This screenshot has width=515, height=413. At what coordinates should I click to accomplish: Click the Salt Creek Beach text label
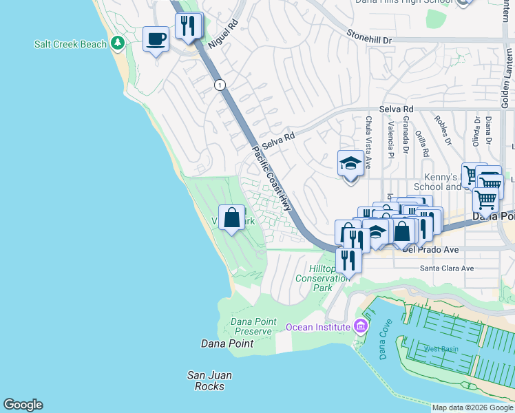[x=71, y=44]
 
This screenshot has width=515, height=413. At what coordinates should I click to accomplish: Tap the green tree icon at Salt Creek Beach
[x=118, y=43]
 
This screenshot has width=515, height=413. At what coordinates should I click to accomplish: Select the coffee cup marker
[x=156, y=39]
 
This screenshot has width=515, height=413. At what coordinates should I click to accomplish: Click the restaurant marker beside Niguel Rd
[x=188, y=26]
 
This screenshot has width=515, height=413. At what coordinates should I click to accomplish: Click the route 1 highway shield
[x=220, y=85]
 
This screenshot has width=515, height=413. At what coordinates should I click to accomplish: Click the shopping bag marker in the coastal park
[x=233, y=218]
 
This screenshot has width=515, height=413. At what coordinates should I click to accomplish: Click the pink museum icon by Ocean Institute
[x=359, y=326]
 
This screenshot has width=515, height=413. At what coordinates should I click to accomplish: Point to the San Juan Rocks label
[x=209, y=381]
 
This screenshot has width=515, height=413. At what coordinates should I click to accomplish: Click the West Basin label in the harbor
[x=441, y=349]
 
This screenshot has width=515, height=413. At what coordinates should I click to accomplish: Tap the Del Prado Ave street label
[x=430, y=251]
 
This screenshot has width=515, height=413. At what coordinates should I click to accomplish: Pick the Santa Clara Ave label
[x=448, y=268]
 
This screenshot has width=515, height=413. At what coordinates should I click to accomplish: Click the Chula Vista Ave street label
[x=368, y=142]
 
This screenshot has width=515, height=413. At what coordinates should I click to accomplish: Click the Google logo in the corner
[x=23, y=405]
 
